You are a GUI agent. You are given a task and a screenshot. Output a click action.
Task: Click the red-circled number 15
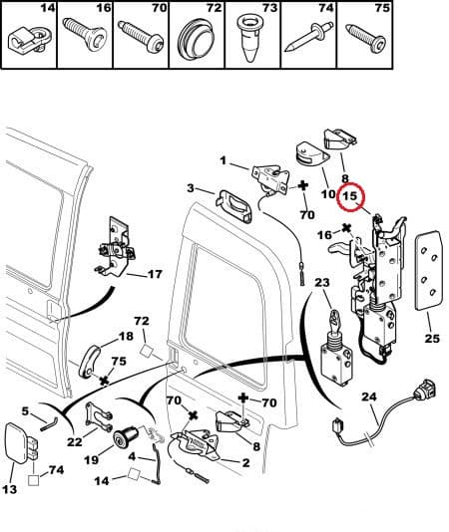[350, 196]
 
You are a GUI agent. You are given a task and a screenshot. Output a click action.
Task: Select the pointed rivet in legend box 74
[308, 37]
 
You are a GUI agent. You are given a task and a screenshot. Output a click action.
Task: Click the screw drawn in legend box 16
[85, 35]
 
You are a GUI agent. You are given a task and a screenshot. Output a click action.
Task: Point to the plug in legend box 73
[252, 38]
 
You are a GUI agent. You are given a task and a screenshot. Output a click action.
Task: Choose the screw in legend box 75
[366, 38]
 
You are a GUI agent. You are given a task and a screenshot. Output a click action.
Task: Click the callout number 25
[432, 338]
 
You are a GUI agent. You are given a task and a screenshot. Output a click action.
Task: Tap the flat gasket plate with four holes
[429, 270]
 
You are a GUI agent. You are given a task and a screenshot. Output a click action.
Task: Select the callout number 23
[321, 282]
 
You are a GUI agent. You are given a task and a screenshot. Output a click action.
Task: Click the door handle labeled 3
[234, 206]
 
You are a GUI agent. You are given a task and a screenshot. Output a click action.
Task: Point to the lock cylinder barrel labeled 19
[126, 436]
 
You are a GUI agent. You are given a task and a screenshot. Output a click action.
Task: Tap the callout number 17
[155, 274]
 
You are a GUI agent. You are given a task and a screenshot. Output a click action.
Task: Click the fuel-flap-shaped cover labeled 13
[17, 442]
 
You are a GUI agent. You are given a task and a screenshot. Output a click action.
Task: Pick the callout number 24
[369, 397]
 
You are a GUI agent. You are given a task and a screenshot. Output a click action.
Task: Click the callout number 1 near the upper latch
[223, 160]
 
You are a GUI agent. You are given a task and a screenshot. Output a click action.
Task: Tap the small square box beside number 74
[34, 481]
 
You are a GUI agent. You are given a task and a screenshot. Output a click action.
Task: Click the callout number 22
[74, 441]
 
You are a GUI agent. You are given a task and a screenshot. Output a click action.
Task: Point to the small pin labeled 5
[50, 423]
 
